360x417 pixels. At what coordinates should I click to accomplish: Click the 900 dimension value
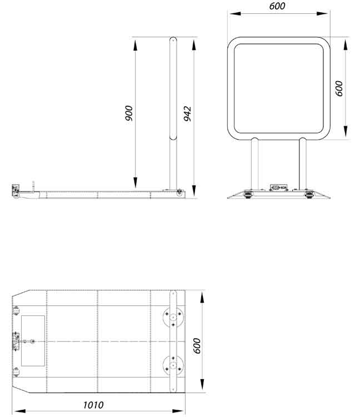coord(129,113)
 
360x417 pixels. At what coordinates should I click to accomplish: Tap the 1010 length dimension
coord(93,405)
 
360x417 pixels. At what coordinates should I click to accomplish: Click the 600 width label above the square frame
coord(277,6)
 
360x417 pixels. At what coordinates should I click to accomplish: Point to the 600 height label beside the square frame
coord(339,88)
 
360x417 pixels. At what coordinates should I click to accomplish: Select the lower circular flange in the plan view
coord(173,365)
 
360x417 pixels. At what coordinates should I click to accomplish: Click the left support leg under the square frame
coord(254,164)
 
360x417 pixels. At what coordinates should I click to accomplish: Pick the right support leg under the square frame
coord(302,164)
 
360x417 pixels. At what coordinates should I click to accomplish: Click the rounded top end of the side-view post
coord(173,39)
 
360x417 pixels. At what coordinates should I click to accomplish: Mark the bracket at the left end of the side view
coord(16,191)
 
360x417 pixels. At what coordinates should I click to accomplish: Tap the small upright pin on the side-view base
coord(34,186)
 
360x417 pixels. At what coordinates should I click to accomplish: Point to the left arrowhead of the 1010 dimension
coord(16,411)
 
